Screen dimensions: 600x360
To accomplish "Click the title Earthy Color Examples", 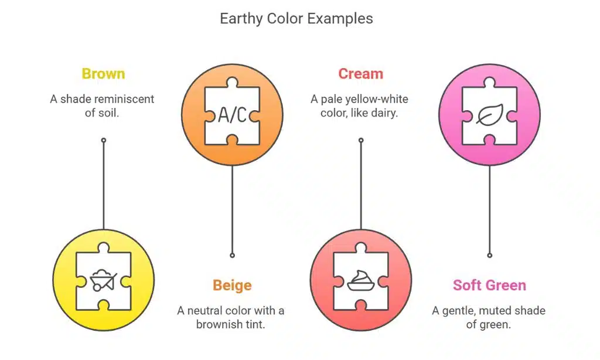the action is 296,18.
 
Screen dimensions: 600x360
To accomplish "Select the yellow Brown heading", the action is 103,73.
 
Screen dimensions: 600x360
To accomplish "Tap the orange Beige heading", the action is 232,286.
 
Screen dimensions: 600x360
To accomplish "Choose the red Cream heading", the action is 360,73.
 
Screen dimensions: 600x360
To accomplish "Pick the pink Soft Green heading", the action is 489,286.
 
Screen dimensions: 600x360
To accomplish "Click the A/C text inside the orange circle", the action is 232,115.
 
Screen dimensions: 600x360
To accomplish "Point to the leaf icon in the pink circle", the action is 489,115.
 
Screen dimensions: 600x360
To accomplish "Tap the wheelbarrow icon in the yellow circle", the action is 103,281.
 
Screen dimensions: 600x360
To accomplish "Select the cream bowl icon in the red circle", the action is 360,281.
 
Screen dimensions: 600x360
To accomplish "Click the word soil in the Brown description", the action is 108,113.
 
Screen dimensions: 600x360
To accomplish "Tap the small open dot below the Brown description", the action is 103,141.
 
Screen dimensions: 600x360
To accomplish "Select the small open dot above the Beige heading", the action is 232,256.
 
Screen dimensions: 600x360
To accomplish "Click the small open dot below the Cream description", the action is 361,141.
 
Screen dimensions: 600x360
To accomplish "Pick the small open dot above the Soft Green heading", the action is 489,256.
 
